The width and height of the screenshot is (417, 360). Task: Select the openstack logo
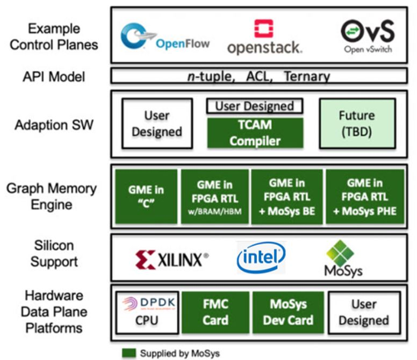(x=264, y=37)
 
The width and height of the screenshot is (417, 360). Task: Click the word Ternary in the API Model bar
(x=306, y=76)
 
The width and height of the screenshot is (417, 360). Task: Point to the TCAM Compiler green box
(x=255, y=133)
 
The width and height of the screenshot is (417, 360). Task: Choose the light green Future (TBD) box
(x=357, y=124)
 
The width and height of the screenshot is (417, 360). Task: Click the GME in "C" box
(x=145, y=197)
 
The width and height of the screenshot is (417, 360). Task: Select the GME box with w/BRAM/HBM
(x=214, y=197)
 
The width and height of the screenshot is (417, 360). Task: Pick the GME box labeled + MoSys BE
(x=287, y=197)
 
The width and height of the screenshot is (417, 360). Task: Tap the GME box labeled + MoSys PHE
(x=364, y=197)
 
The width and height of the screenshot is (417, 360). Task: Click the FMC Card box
(x=215, y=312)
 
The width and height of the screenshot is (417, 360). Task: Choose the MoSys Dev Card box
(x=288, y=312)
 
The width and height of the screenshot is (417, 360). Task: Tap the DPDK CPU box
(x=146, y=312)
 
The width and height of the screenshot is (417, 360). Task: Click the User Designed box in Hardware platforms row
(x=363, y=312)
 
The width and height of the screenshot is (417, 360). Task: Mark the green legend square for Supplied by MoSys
(x=129, y=353)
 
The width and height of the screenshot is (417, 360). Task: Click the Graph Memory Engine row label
(x=52, y=197)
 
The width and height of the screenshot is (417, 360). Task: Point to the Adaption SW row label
(x=54, y=125)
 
